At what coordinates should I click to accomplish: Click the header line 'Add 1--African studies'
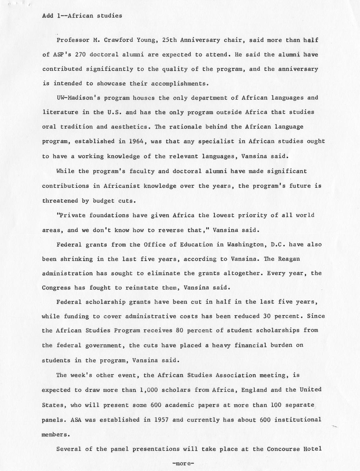pyautogui.click(x=82, y=16)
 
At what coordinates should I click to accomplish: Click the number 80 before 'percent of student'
pyautogui.click(x=180, y=330)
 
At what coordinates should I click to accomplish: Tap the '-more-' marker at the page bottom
pyautogui.click(x=183, y=464)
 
